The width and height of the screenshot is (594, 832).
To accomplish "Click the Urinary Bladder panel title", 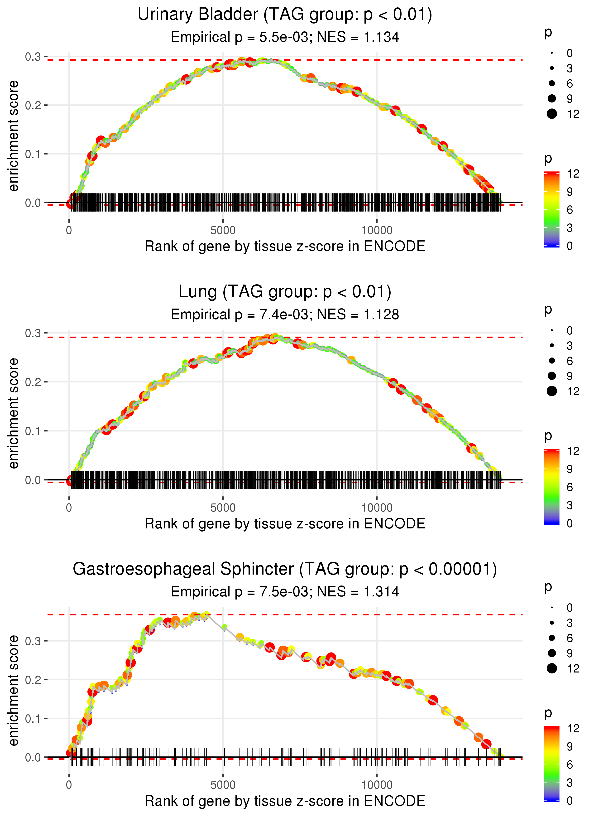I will pyautogui.click(x=285, y=15).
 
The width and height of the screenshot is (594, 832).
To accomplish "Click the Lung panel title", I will pyautogui.click(x=285, y=292).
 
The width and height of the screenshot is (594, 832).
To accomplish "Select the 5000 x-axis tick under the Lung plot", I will pyautogui.click(x=223, y=508).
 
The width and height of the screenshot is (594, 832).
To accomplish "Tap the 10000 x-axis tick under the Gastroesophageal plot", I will pyautogui.click(x=377, y=785).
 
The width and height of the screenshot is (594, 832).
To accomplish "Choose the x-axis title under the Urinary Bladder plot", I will pyautogui.click(x=285, y=246).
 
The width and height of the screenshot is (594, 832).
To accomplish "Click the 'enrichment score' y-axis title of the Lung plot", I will pyautogui.click(x=14, y=413).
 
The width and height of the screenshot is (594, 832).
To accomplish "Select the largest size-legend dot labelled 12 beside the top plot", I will pyautogui.click(x=551, y=114).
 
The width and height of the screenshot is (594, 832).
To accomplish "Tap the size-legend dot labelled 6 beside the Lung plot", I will pyautogui.click(x=551, y=361).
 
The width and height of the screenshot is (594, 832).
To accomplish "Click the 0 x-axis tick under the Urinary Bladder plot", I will pyautogui.click(x=69, y=231).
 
